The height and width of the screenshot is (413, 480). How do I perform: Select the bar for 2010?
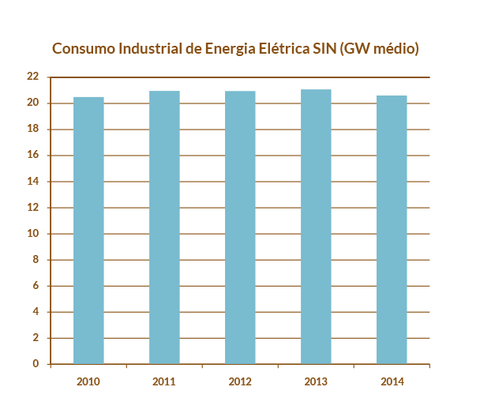point(88,230)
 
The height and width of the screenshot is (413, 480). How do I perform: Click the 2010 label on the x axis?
point(88,381)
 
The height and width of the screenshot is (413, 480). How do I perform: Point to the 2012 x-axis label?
point(240,381)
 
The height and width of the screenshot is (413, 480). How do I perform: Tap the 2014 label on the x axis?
point(392,381)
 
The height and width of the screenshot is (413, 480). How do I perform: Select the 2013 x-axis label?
point(317,381)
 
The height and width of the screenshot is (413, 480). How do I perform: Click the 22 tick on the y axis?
point(32,77)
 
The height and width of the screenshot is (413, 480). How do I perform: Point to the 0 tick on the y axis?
point(36,364)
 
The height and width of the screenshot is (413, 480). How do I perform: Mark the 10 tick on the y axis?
point(32,234)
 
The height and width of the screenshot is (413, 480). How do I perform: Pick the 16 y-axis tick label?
point(32,156)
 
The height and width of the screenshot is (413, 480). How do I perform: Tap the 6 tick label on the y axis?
point(36,286)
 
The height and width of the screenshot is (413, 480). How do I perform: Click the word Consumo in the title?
point(82,49)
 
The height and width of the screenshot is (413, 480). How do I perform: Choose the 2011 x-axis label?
point(164,381)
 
